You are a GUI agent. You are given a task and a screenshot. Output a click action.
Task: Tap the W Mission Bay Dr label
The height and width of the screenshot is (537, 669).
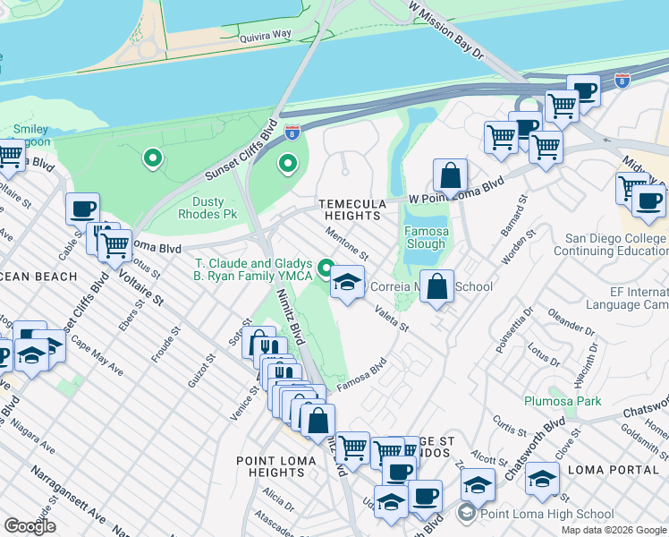445,31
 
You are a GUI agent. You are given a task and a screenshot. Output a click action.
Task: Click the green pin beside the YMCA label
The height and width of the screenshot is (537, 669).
326,266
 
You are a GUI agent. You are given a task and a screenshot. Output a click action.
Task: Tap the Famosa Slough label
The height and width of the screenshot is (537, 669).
425,237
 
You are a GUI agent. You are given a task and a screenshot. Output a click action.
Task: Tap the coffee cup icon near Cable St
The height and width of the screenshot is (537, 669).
82,208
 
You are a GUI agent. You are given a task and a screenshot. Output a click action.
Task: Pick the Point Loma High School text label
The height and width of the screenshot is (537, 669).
546,514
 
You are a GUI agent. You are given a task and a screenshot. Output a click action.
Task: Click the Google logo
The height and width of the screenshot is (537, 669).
30,526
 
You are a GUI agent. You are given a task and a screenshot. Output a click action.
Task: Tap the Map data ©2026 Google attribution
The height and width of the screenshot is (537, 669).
614,530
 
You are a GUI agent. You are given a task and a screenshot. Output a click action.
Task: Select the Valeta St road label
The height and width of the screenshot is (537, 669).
392,319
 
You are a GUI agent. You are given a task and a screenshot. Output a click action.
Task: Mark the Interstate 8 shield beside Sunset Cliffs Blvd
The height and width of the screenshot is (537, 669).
292,132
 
